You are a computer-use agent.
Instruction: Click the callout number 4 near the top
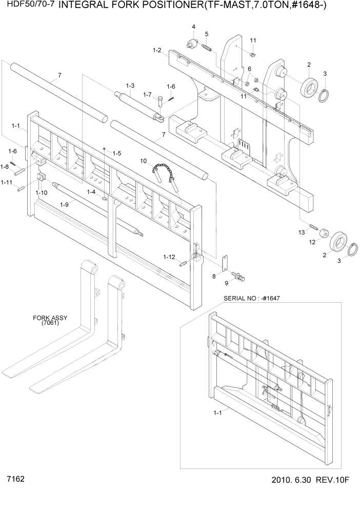point(194,27)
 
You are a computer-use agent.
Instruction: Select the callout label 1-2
point(157,50)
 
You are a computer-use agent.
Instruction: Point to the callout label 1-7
point(147,94)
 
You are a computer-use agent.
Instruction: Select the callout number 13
point(302,232)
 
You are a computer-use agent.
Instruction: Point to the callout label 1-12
point(169,257)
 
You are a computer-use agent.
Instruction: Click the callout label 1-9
point(64,204)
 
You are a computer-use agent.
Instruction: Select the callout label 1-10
point(41,192)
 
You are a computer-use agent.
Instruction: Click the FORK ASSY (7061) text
point(50,320)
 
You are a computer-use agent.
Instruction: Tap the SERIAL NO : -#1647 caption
point(251,298)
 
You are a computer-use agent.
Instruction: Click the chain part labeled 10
point(165,172)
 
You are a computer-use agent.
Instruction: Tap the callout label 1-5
point(117,153)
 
